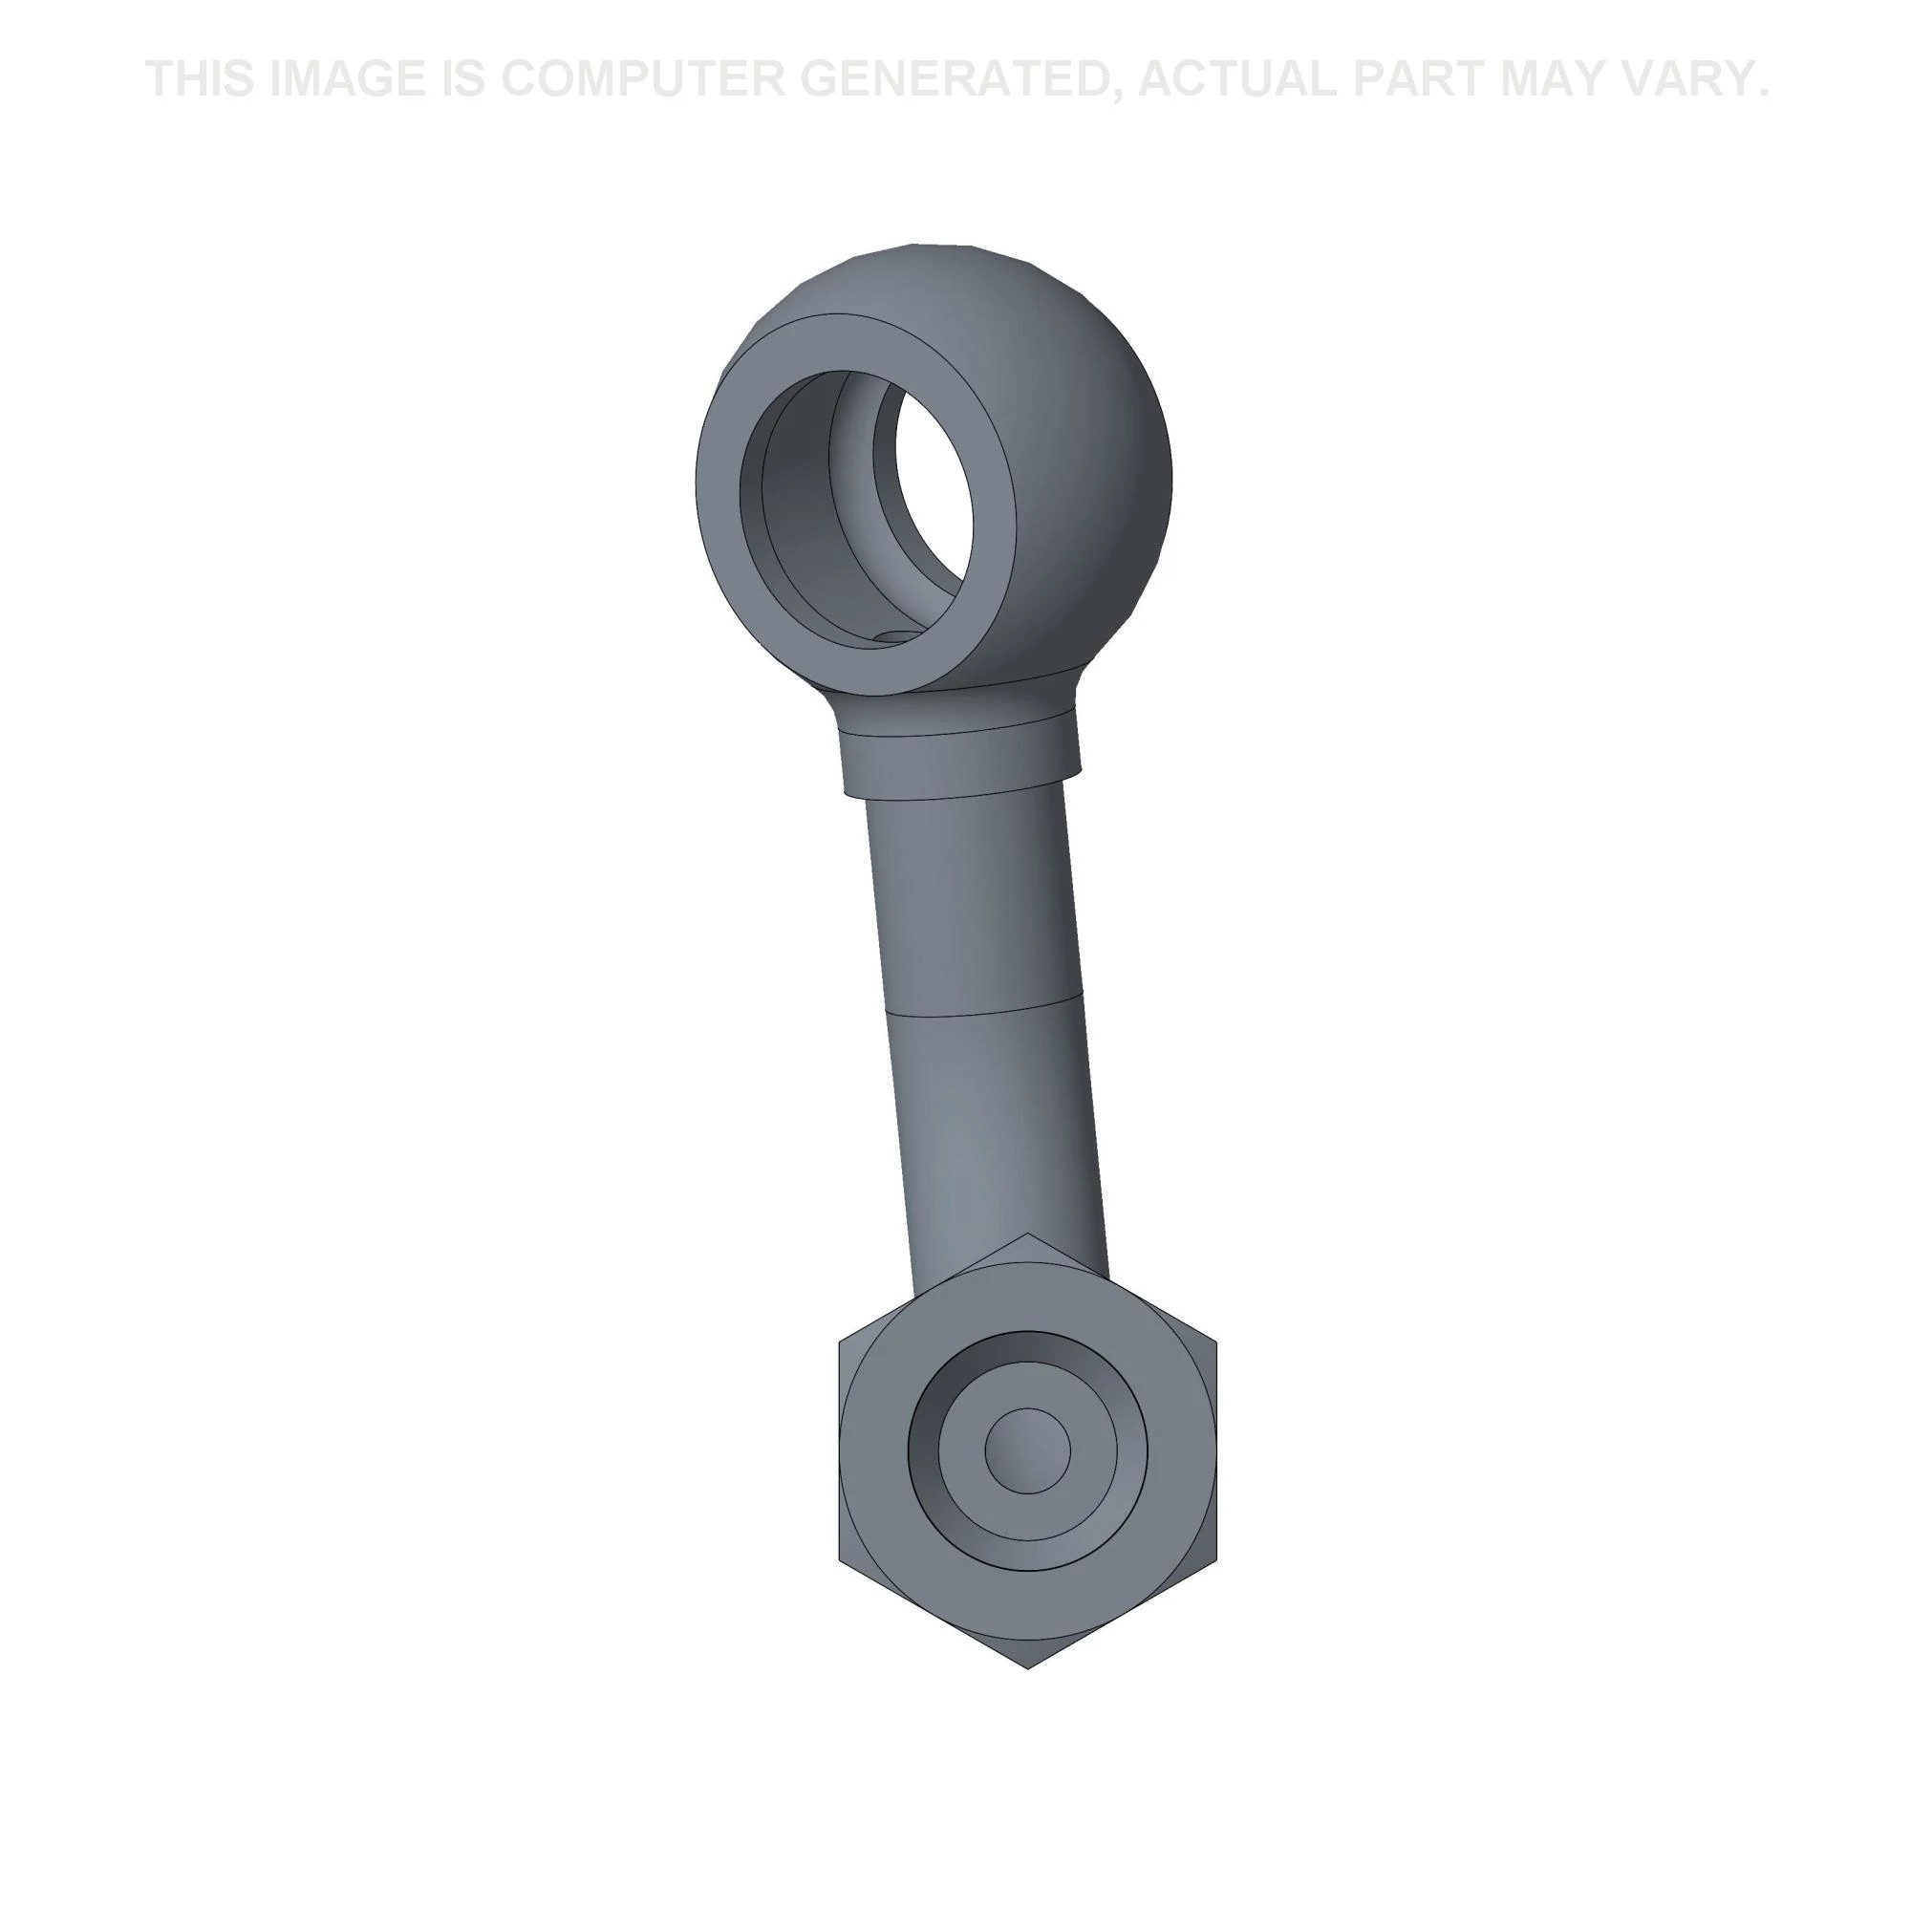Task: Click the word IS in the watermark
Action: (x=464, y=79)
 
